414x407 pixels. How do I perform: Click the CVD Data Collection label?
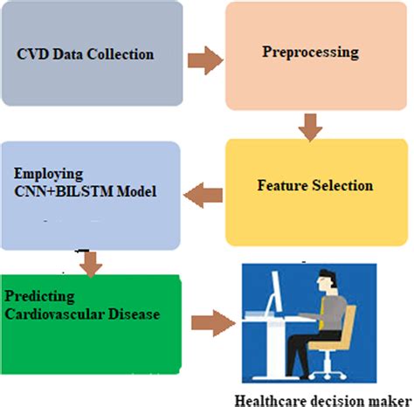(86, 54)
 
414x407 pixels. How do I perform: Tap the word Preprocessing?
(310, 52)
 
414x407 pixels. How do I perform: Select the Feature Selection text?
(315, 186)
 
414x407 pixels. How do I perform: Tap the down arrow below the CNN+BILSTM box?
(87, 259)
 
